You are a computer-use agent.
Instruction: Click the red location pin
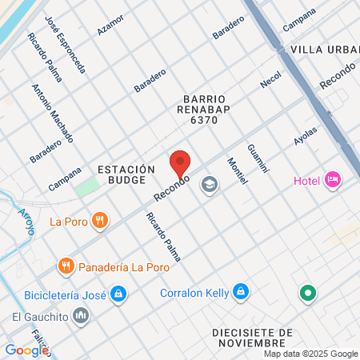(x=180, y=164)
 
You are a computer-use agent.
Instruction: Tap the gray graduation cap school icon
(x=210, y=186)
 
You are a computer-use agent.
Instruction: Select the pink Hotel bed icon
(x=333, y=181)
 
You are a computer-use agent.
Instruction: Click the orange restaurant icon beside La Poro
(x=99, y=220)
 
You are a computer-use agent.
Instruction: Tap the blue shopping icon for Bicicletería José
(x=118, y=294)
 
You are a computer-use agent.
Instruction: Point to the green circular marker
(x=308, y=294)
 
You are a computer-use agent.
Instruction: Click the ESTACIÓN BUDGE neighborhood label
(x=125, y=176)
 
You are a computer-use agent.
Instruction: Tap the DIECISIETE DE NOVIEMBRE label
(x=254, y=337)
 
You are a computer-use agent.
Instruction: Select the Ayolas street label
(x=306, y=136)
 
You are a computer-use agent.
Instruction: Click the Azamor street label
(x=110, y=25)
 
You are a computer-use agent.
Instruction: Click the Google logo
(x=26, y=350)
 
